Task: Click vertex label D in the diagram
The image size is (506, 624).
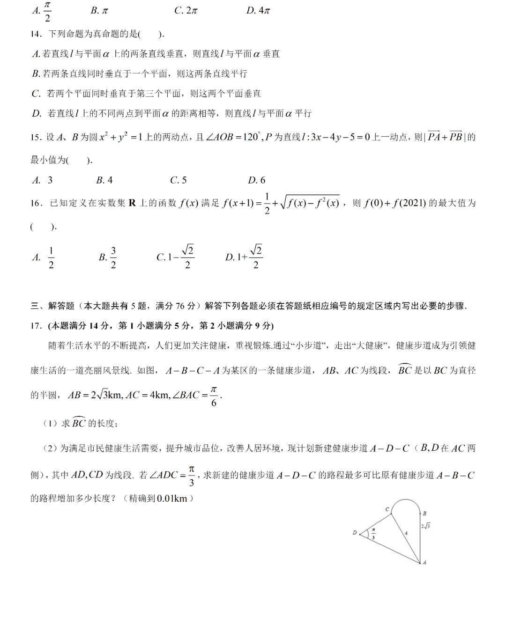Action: (355, 533)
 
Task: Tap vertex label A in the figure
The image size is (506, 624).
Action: (424, 562)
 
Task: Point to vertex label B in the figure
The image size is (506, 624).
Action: (424, 514)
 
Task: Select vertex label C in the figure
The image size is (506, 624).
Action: (387, 509)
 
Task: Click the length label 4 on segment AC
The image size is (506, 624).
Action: (406, 533)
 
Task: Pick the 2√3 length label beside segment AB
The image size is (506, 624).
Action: (425, 526)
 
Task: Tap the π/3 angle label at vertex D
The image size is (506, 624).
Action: (373, 534)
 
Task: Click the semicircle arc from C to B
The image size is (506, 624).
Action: (406, 500)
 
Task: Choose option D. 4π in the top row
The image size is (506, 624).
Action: (258, 11)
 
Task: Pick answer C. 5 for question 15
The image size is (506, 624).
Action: (178, 180)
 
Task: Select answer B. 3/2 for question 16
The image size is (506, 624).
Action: (108, 257)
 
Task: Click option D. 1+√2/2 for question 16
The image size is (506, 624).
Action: (244, 257)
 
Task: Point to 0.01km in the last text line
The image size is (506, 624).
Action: (172, 499)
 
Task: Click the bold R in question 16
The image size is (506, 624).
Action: (132, 203)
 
